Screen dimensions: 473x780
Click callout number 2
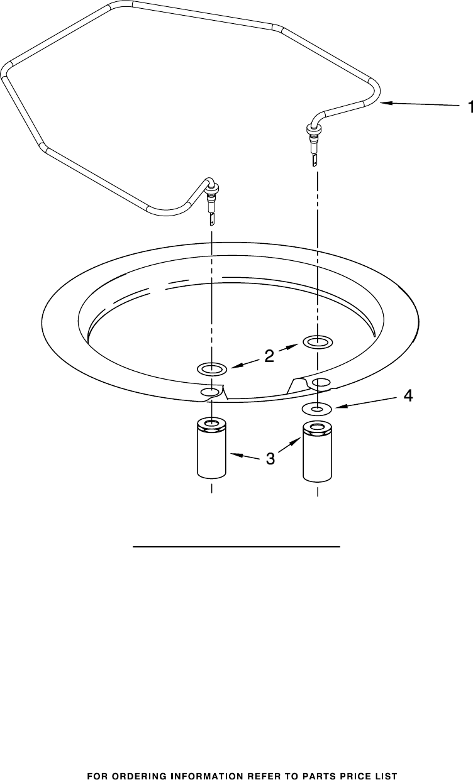click(x=269, y=356)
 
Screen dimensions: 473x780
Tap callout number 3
click(x=270, y=458)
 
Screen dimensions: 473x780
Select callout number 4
click(x=408, y=395)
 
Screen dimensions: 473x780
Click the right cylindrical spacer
click(x=317, y=452)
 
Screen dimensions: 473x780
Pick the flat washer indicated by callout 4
click(x=317, y=409)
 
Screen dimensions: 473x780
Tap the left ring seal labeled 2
click(x=212, y=368)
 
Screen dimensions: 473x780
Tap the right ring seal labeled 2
click(x=318, y=341)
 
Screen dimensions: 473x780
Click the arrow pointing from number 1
click(x=420, y=104)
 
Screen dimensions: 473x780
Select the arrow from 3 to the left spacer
click(x=245, y=456)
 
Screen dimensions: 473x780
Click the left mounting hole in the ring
click(x=210, y=392)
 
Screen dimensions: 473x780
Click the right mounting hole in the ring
click(x=321, y=383)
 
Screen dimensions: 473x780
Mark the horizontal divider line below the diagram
click(x=237, y=547)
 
